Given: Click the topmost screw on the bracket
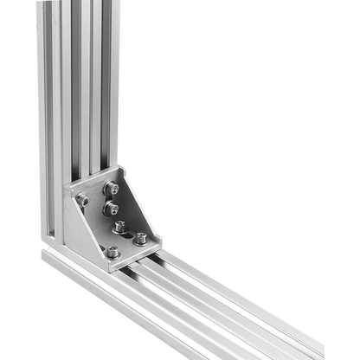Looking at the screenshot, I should [111, 188].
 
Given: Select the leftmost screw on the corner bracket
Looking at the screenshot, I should [83, 201].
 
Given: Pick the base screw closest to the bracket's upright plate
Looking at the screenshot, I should [120, 227].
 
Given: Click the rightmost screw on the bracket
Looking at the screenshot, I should [140, 237].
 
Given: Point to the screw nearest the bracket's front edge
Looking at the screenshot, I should [112, 252].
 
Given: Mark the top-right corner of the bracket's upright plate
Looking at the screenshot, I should [122, 167].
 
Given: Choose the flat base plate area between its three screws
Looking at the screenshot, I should [125, 240].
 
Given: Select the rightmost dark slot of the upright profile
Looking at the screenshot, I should [106, 87].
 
